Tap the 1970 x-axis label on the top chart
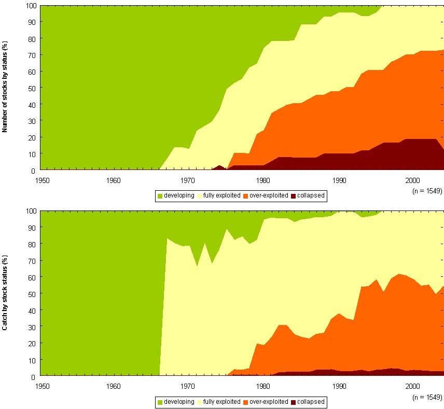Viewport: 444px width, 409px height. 188,180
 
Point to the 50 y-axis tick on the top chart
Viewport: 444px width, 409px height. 33,88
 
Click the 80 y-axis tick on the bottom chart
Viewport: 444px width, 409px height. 33,244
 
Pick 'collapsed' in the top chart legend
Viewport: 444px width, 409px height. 311,196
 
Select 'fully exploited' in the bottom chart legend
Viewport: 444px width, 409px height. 221,402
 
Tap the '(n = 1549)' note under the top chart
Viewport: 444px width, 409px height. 426,191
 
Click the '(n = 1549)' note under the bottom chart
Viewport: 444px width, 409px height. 426,397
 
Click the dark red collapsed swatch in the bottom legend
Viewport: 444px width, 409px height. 293,402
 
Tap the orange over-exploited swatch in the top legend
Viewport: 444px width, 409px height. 246,196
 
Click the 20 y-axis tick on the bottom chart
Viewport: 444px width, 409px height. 33,343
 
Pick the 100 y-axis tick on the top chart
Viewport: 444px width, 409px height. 31,6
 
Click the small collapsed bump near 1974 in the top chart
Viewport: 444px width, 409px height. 220,167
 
